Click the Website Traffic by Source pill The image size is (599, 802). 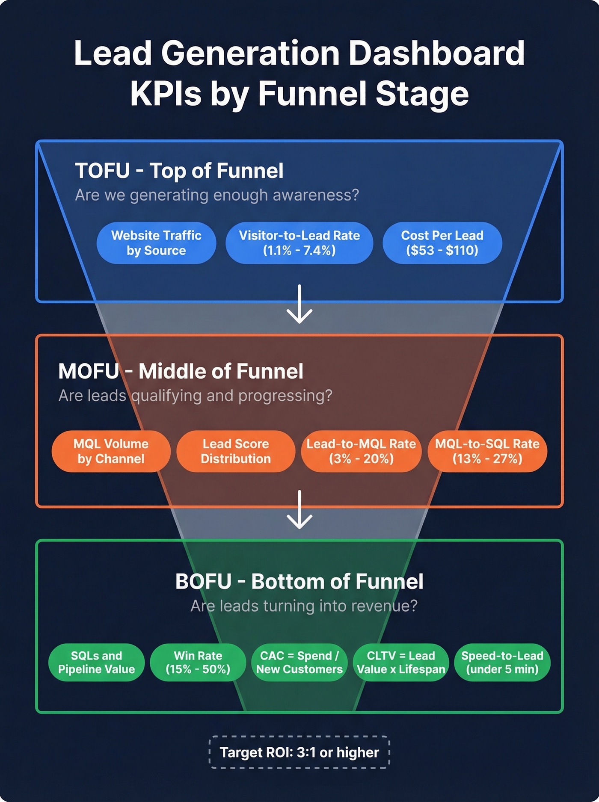[x=156, y=243]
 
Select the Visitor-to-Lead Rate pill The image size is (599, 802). [x=299, y=243]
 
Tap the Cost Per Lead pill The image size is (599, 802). [x=442, y=243]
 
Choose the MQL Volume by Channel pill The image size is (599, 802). [x=111, y=451]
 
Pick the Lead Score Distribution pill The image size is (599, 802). [x=235, y=451]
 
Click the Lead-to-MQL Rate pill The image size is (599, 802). [x=361, y=451]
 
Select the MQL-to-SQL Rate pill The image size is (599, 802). [x=487, y=451]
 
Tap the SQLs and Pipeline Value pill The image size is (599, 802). [x=96, y=662]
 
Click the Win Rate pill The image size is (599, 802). [x=198, y=662]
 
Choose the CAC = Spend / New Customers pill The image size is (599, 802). [x=299, y=662]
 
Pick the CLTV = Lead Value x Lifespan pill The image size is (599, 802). [x=401, y=662]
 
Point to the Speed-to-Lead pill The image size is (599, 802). [x=502, y=662]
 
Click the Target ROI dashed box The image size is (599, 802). [x=299, y=752]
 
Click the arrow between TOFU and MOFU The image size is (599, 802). [x=299, y=304]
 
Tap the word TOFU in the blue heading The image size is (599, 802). [x=103, y=171]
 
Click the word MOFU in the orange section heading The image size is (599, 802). [x=89, y=371]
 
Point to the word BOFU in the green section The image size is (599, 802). [x=203, y=582]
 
